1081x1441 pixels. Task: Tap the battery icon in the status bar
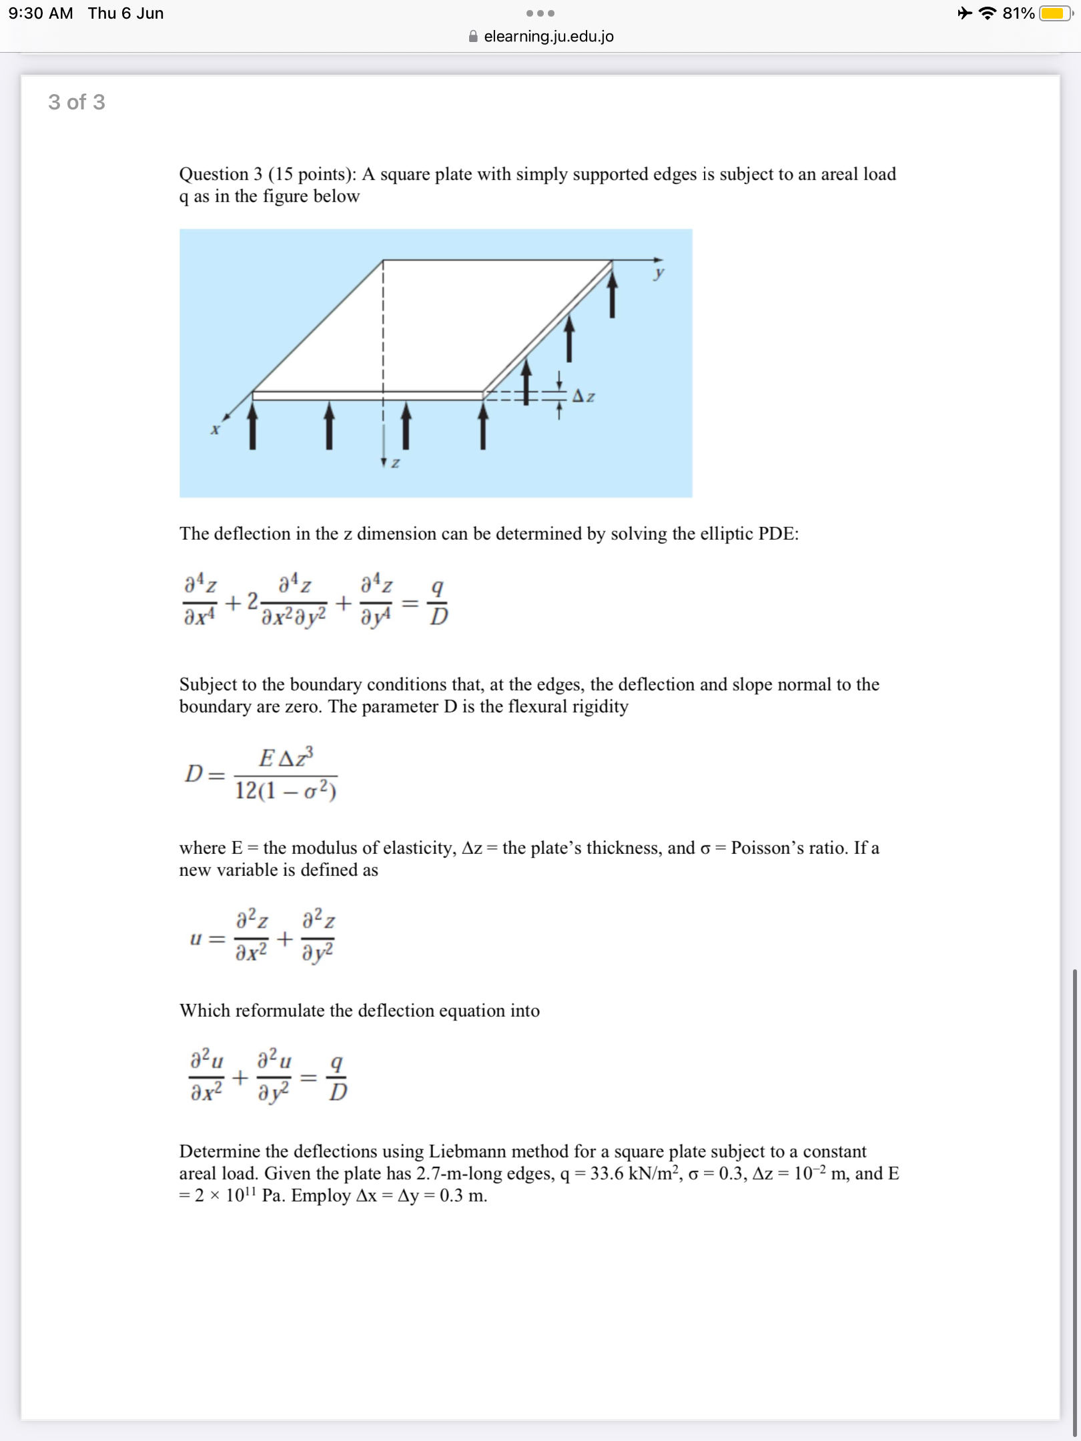coord(1055,13)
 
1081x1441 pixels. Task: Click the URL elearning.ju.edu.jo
coord(549,37)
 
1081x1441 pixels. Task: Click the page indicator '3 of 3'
coord(77,102)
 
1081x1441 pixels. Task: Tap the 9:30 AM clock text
coord(41,13)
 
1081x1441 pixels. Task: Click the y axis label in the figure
coord(659,273)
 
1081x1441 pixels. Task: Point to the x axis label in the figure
coord(215,430)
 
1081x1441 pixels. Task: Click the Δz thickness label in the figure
coord(584,397)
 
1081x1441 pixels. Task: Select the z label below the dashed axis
coord(395,462)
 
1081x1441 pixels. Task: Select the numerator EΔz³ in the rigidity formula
coord(286,758)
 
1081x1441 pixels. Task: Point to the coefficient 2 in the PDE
coord(252,602)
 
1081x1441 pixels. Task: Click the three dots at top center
coord(540,13)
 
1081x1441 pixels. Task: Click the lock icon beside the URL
coord(473,37)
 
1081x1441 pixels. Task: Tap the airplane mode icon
coord(965,13)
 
